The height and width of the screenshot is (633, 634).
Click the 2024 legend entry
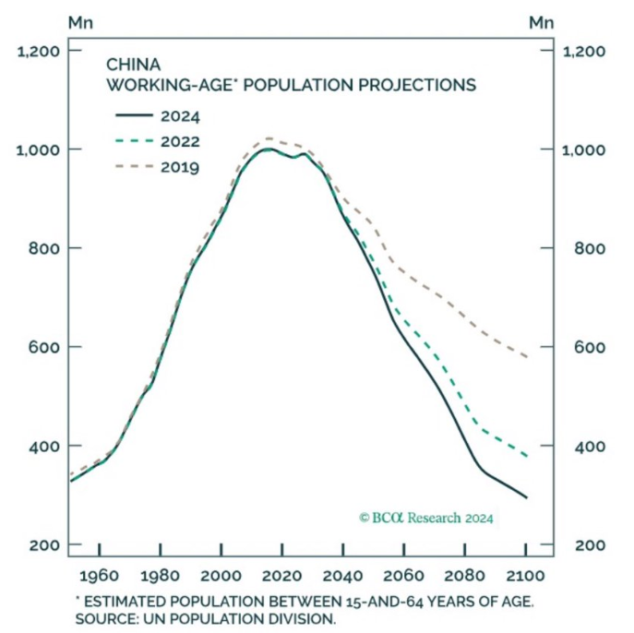(x=157, y=116)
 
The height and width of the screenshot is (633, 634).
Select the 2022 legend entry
(x=157, y=141)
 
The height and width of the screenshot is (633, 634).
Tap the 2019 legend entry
(x=157, y=166)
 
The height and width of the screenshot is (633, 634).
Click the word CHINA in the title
(x=134, y=66)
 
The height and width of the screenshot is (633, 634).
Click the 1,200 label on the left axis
(x=38, y=51)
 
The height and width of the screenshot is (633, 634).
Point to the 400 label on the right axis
(x=591, y=447)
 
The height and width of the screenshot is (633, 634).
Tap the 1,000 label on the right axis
(x=584, y=149)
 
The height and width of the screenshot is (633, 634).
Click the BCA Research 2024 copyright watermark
(x=425, y=518)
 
